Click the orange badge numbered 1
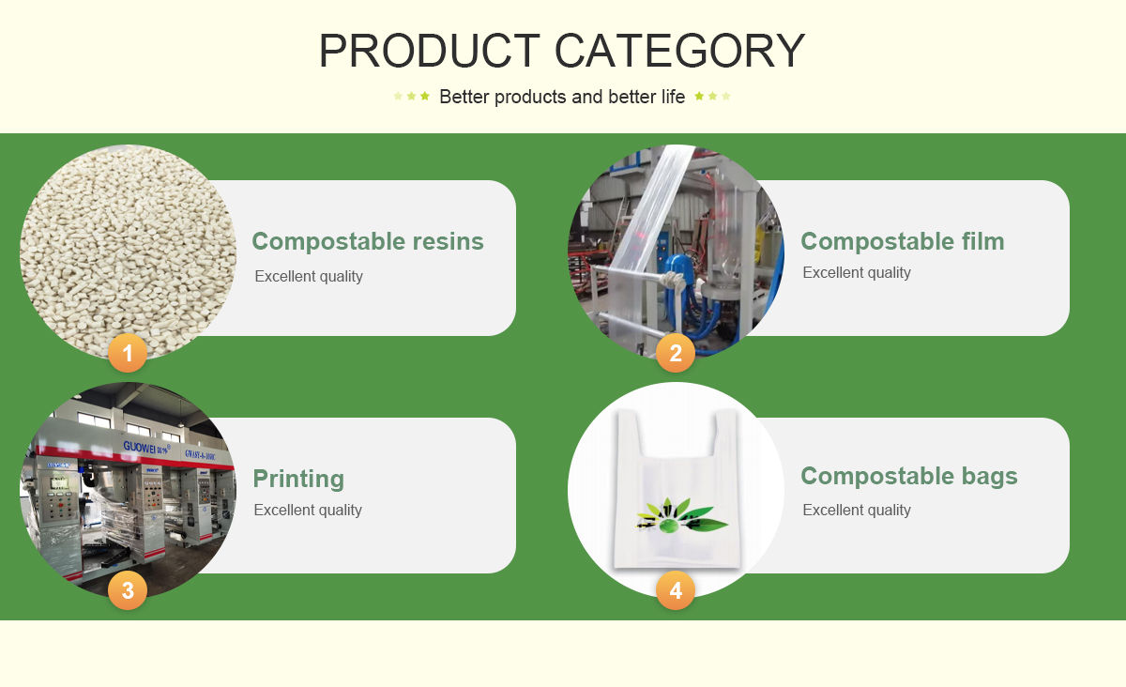click(128, 354)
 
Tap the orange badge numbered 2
click(676, 354)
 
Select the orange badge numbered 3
click(128, 590)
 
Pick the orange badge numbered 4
click(676, 590)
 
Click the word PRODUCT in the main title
click(429, 51)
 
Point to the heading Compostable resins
click(367, 241)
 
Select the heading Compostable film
click(902, 241)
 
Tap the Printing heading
click(298, 479)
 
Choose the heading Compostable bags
click(908, 476)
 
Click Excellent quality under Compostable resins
click(308, 276)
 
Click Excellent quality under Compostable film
click(856, 272)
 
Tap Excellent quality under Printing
click(308, 510)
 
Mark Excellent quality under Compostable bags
click(856, 510)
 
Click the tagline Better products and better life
click(562, 97)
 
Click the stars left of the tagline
click(411, 96)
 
